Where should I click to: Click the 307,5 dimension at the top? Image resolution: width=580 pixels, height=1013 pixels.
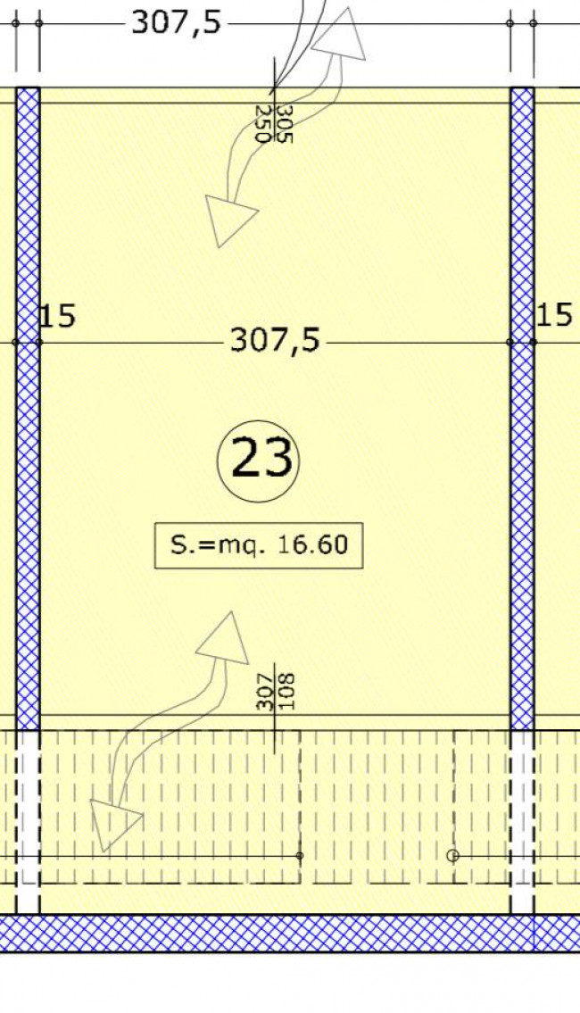tap(177, 22)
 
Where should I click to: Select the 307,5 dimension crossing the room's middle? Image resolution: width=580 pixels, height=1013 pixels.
tap(275, 340)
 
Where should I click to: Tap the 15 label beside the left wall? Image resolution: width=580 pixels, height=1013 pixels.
tap(57, 316)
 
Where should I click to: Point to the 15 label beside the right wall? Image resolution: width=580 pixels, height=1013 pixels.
tap(554, 315)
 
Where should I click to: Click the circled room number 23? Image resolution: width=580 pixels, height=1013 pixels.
tap(259, 459)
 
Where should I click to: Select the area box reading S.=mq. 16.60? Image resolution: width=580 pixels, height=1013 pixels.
tap(259, 545)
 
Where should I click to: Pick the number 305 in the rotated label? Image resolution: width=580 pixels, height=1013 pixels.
tap(285, 124)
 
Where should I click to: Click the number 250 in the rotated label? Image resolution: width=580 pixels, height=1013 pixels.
tap(264, 124)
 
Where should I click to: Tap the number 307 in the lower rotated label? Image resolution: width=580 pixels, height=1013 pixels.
tap(265, 692)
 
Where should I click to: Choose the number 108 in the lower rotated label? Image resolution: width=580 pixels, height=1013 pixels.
tap(286, 692)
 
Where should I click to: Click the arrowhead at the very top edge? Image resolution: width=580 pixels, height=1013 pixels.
tap(340, 36)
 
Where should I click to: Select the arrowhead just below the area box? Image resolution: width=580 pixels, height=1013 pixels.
tap(224, 640)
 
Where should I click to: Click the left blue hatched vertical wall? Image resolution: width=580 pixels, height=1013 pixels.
tap(28, 408)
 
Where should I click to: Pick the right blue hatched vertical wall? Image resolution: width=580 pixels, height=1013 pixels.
tap(523, 408)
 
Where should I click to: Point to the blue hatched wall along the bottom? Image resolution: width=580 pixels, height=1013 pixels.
tap(290, 933)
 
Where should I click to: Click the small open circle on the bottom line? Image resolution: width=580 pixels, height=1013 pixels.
tap(452, 856)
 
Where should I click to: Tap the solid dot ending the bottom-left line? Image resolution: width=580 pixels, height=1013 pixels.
tap(300, 855)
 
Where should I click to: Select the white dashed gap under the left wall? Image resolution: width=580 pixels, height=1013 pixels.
tap(28, 822)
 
